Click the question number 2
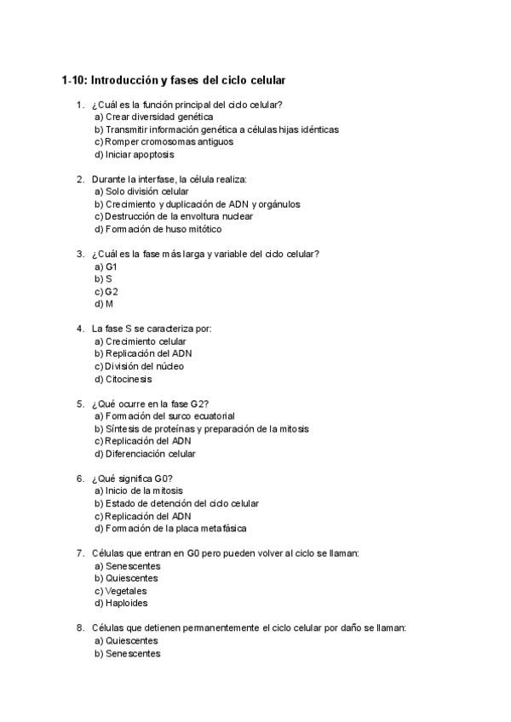80,180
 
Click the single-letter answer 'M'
110,304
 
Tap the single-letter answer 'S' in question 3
109,278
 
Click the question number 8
80,628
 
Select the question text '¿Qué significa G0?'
132,478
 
